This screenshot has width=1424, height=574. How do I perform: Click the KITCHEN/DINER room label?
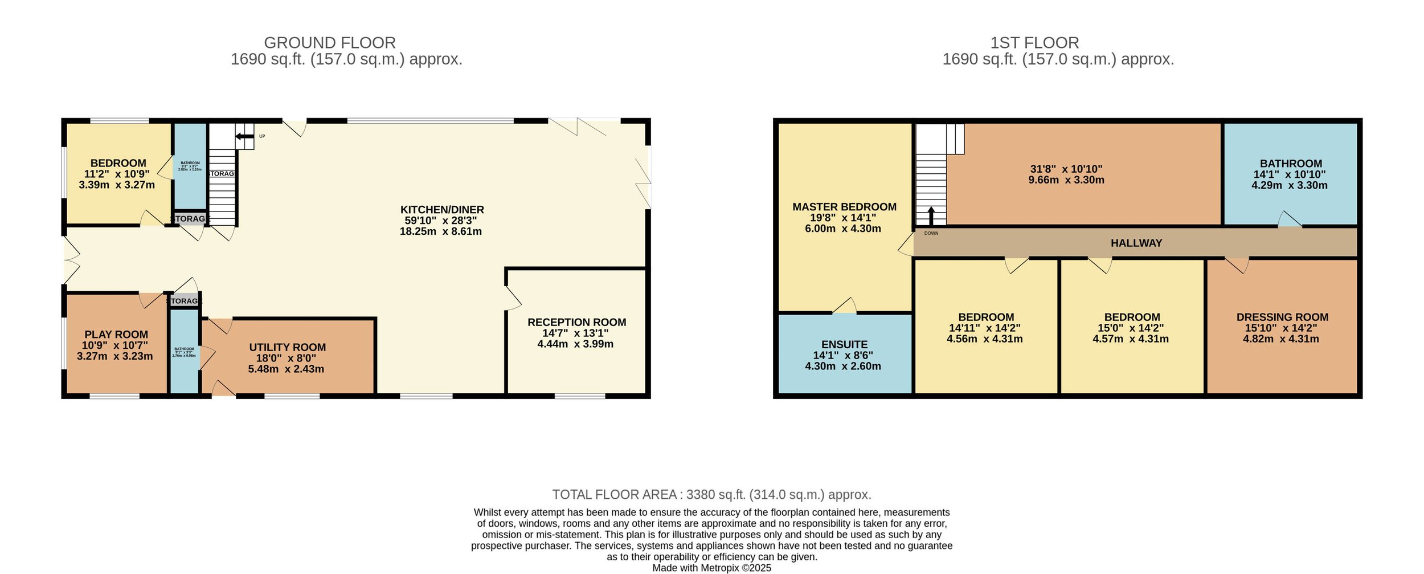pyautogui.click(x=442, y=210)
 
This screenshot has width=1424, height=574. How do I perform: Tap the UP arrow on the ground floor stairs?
pyautogui.click(x=244, y=136)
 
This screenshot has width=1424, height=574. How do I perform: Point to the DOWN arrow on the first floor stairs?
pyautogui.click(x=931, y=216)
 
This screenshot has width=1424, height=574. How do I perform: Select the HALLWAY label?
pyautogui.click(x=1136, y=243)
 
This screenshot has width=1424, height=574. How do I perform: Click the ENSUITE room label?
pyautogui.click(x=844, y=344)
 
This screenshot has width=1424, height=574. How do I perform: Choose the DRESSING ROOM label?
pyautogui.click(x=1282, y=317)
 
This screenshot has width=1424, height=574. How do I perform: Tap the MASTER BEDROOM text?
pyautogui.click(x=844, y=207)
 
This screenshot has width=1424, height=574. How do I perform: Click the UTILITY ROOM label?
pyautogui.click(x=287, y=347)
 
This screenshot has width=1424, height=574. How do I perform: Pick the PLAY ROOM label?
pyautogui.click(x=116, y=335)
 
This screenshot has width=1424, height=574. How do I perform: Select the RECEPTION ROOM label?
pyautogui.click(x=576, y=322)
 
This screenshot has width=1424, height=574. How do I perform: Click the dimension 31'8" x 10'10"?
pyautogui.click(x=1066, y=169)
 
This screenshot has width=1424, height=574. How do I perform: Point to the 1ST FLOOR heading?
pyautogui.click(x=1034, y=43)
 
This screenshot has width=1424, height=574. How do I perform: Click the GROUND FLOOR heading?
pyautogui.click(x=329, y=43)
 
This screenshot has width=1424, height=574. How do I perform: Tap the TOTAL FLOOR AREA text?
pyautogui.click(x=711, y=495)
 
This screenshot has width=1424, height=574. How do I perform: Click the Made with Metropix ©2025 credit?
pyautogui.click(x=711, y=568)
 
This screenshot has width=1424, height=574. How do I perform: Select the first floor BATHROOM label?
pyautogui.click(x=1291, y=164)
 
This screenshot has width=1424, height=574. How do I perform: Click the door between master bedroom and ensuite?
pyautogui.click(x=844, y=307)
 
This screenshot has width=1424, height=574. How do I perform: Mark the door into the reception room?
pyautogui.click(x=513, y=298)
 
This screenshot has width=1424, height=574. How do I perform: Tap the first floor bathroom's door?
pyautogui.click(x=1290, y=220)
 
